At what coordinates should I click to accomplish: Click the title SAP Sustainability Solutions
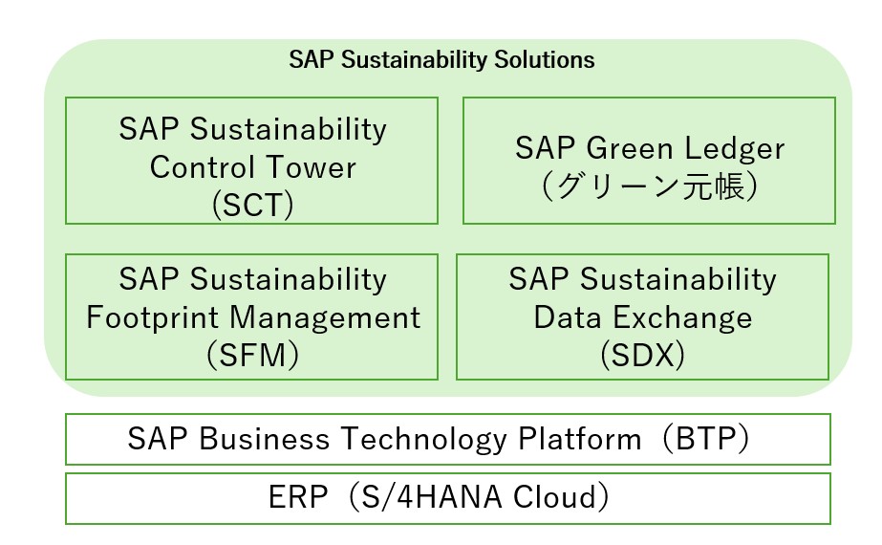(441, 59)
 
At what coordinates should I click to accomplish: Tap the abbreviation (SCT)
(252, 205)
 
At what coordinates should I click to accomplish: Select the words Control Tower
(252, 167)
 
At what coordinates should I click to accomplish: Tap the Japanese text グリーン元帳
(650, 186)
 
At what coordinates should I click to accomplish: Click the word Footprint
(153, 318)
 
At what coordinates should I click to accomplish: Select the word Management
(325, 318)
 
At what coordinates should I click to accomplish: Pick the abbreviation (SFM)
(252, 356)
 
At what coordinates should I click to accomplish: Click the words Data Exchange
(642, 317)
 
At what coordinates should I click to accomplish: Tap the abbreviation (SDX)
(642, 356)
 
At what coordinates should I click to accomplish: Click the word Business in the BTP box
(265, 439)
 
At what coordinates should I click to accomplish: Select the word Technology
(424, 440)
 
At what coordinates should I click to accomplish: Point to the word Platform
(580, 439)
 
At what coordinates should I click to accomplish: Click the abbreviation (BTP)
(705, 439)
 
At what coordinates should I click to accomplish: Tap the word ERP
(297, 497)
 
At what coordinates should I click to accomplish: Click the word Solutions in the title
(544, 59)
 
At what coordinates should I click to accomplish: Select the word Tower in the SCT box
(311, 167)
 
